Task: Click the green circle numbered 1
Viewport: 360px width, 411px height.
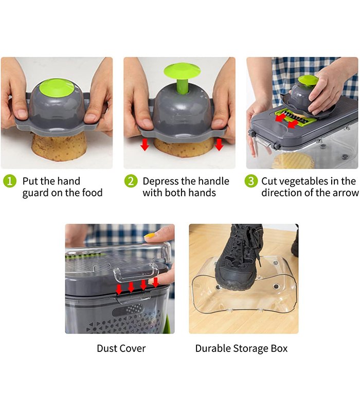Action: click(x=10, y=181)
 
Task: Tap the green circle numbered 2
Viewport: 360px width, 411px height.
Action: click(x=131, y=181)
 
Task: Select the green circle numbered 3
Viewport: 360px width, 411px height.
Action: click(x=251, y=181)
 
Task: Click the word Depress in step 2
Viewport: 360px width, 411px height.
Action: click(x=160, y=181)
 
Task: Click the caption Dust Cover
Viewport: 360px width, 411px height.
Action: click(x=121, y=348)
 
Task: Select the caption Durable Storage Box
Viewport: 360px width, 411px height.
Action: click(x=241, y=348)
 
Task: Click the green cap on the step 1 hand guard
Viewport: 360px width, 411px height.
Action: click(x=57, y=87)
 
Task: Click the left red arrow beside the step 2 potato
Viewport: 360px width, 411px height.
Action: click(x=145, y=144)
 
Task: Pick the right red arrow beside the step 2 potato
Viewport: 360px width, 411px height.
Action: click(x=219, y=144)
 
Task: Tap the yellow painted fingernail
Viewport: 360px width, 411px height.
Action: click(x=150, y=235)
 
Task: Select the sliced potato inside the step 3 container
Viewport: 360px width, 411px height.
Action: click(x=293, y=160)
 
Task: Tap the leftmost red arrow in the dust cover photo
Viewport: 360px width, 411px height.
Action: click(x=119, y=289)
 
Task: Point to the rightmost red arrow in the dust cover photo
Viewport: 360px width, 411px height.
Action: click(x=156, y=282)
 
